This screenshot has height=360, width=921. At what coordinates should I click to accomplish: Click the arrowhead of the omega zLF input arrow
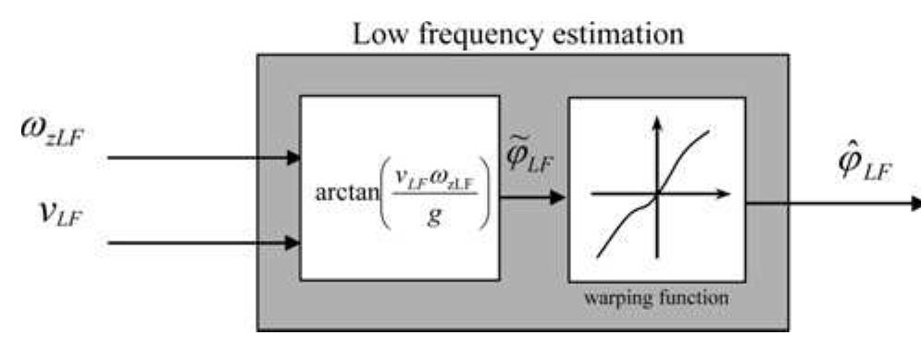[295, 157]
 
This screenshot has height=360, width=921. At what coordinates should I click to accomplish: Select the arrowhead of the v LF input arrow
[295, 244]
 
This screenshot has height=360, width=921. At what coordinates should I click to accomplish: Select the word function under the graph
[686, 300]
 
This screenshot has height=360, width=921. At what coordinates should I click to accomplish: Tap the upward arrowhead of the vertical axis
[656, 120]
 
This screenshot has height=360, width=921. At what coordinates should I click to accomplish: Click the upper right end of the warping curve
[708, 132]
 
